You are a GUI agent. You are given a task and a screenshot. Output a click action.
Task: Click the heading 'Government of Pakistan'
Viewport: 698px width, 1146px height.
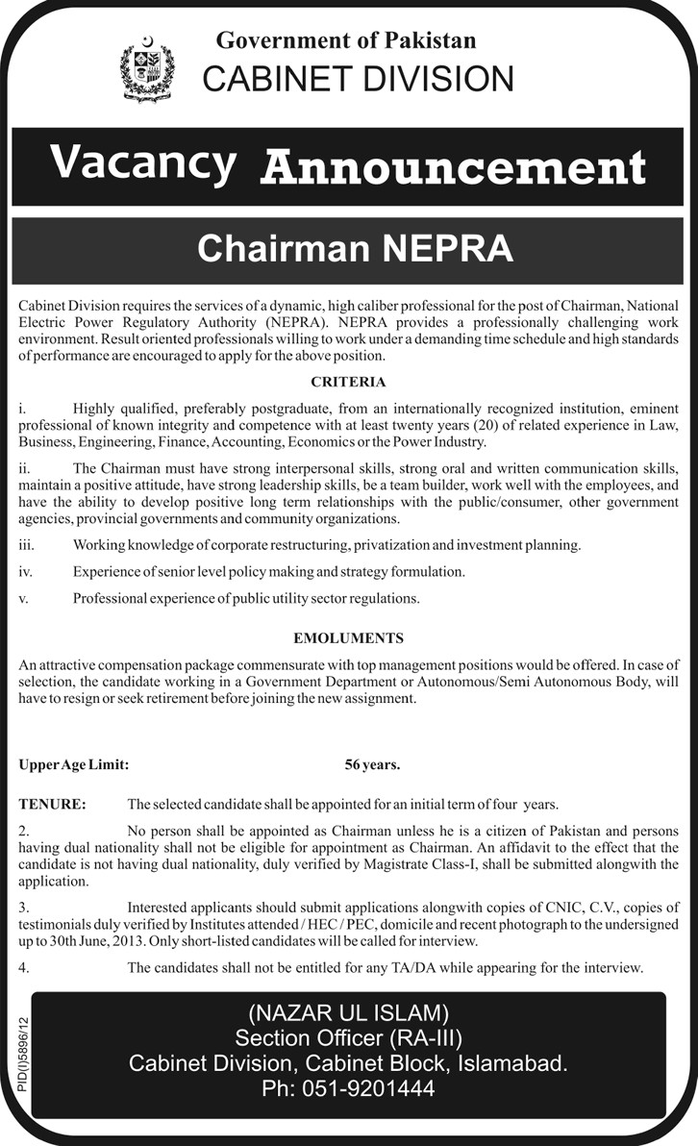pyautogui.click(x=346, y=40)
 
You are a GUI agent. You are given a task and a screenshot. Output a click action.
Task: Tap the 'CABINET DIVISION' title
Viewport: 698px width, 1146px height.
pyautogui.click(x=359, y=79)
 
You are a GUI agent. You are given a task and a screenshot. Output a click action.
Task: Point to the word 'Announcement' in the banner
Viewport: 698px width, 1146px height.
pyautogui.click(x=453, y=167)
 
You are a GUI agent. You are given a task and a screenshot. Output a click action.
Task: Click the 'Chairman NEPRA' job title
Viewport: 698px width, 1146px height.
pyautogui.click(x=355, y=248)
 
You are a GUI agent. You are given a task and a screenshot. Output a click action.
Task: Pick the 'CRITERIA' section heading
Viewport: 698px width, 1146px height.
pyautogui.click(x=348, y=382)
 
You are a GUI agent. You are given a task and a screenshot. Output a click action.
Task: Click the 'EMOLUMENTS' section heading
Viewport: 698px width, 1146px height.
pyautogui.click(x=348, y=637)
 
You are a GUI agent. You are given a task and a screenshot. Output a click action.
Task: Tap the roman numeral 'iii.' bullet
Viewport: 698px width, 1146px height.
pyautogui.click(x=26, y=545)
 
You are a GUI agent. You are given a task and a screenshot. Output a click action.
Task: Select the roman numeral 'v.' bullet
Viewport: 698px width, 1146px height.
pyautogui.click(x=24, y=598)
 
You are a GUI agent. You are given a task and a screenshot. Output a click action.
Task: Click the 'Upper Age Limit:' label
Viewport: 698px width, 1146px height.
pyautogui.click(x=73, y=765)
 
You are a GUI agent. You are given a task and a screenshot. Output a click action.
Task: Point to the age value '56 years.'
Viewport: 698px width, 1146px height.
pyautogui.click(x=373, y=765)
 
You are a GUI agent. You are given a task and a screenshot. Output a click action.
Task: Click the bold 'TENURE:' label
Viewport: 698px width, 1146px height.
pyautogui.click(x=52, y=803)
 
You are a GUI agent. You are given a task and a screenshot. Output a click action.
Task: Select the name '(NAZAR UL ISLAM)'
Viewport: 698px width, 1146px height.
pyautogui.click(x=348, y=1011)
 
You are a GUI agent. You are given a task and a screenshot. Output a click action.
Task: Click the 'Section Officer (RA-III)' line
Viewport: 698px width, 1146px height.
pyautogui.click(x=348, y=1037)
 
